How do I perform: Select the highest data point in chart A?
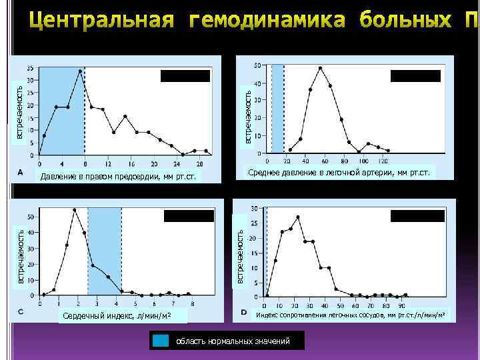point(81,71)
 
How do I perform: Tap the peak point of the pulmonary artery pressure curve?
point(321,68)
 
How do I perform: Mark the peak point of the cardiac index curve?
point(75,210)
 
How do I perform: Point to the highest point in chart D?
point(298,217)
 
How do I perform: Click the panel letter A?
point(21,172)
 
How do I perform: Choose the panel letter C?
point(21,311)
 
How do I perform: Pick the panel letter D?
point(243,311)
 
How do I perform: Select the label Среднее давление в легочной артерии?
point(339,173)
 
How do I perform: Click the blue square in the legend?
point(160,341)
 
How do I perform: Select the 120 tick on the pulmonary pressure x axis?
point(383,162)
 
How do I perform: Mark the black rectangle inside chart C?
point(189,215)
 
